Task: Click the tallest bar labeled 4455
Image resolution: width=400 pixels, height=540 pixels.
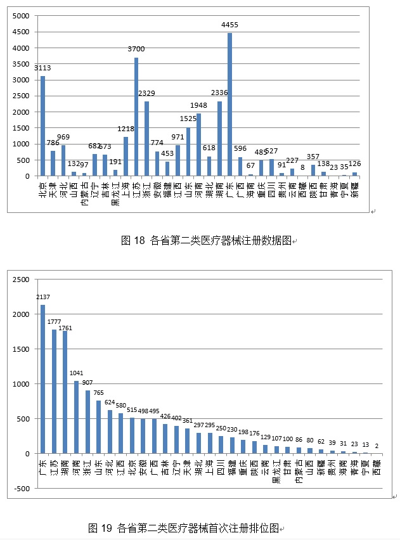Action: tap(229, 105)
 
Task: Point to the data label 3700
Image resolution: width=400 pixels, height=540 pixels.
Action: tap(136, 49)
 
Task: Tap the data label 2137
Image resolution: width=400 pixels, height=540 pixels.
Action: tap(42, 297)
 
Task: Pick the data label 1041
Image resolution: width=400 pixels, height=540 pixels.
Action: tap(76, 373)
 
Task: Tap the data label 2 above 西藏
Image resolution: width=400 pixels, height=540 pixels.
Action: tap(377, 446)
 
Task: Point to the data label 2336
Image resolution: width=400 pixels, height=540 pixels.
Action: tap(219, 93)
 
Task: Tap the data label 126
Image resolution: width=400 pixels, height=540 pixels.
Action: tap(354, 164)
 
